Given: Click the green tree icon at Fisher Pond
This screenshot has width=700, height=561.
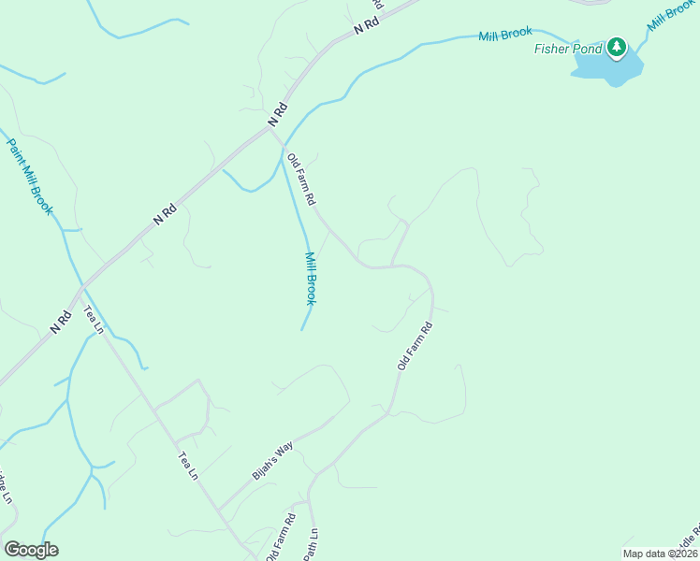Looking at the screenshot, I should point(616,46).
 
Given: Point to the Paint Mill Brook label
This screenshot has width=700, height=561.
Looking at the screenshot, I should point(31,177).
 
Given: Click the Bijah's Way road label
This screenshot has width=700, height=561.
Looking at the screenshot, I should point(272,460).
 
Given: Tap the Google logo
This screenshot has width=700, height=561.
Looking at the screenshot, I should point(31,550).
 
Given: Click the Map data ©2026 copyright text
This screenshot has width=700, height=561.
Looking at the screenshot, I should point(660,554).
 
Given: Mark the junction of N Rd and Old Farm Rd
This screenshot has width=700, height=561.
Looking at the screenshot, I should point(270,130).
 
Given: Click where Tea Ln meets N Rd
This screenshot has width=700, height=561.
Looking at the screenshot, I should point(82,283).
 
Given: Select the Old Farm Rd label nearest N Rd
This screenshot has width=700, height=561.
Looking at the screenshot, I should point(301,180).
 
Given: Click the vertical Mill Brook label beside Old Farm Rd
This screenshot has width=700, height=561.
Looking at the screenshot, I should point(311,278).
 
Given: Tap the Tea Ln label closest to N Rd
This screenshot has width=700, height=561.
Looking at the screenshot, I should point(92,319).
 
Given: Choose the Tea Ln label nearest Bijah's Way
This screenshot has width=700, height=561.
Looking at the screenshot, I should point(188,466).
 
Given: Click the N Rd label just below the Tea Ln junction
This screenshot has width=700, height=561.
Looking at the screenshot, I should point(61,323).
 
